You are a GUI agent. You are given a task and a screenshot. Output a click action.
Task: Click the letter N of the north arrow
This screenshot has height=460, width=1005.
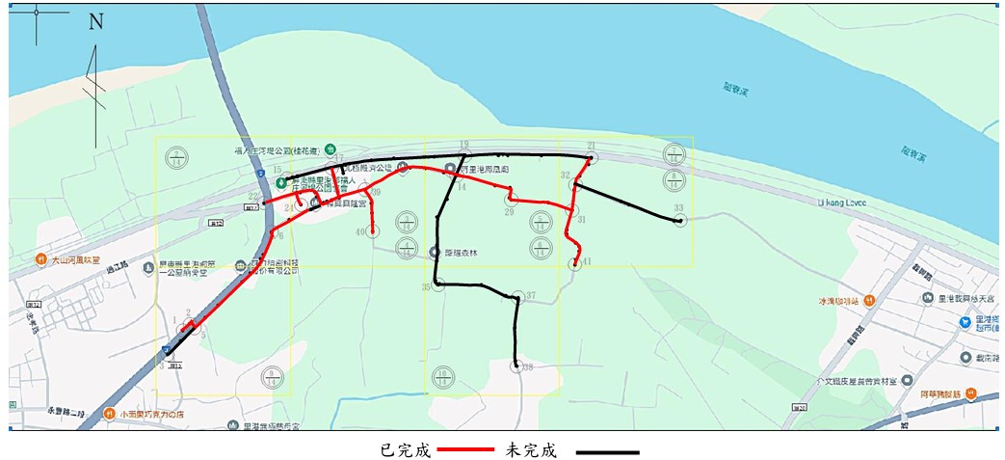pos(95,22)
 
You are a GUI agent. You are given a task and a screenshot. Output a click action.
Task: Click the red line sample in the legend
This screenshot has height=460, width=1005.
pos(466,450)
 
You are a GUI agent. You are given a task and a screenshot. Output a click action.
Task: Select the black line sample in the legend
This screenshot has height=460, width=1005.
pos(607,451)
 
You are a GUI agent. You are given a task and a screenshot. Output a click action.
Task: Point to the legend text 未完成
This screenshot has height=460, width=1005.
pos(532,450)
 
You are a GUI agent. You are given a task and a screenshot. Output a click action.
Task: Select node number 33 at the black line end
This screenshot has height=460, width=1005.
pos(680,221)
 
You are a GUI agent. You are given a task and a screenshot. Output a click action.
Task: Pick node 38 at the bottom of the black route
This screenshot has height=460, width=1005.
pos(518,365)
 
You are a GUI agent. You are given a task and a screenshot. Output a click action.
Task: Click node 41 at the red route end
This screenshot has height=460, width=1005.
pos(575,264)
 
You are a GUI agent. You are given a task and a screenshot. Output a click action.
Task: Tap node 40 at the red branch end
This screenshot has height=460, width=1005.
pos(373,231)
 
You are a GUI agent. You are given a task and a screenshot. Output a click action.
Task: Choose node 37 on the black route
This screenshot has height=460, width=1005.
pos(518,297)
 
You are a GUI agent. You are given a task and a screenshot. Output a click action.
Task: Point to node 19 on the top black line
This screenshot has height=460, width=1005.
pos(464,154)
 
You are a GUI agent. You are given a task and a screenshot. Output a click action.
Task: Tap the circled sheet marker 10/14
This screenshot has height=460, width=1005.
pos(443,375)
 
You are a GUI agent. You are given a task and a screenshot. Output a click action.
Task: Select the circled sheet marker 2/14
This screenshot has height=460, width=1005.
pos(176,156)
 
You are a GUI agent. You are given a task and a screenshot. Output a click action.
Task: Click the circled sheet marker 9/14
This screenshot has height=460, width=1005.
pos(273,375)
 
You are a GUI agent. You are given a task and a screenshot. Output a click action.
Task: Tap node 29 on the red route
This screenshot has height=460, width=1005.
pos(512,200)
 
